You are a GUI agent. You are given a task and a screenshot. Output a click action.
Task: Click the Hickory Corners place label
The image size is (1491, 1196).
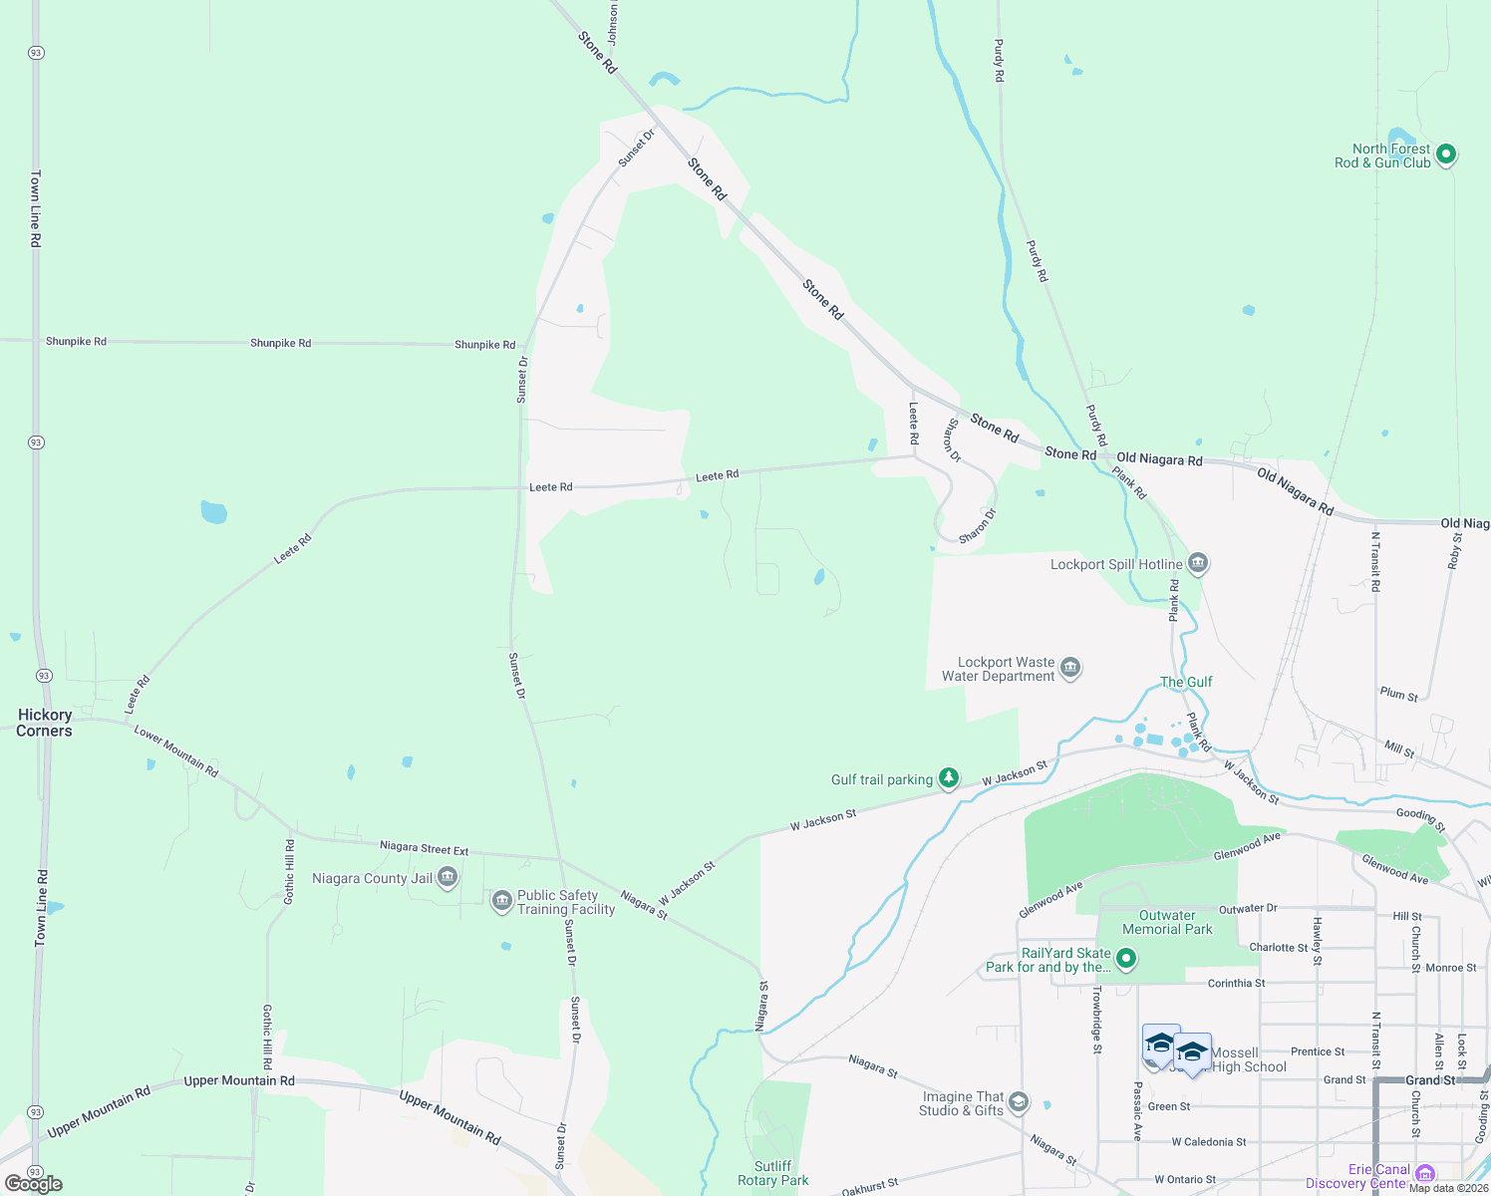point(45,723)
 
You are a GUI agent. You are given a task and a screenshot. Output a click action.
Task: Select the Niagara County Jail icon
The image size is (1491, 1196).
point(447,878)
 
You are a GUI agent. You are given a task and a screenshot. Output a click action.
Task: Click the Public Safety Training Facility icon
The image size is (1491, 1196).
point(502,902)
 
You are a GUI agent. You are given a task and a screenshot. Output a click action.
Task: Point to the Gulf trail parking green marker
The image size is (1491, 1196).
point(949,778)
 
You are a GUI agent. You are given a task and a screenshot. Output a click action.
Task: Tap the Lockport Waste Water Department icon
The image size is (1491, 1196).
point(1070,668)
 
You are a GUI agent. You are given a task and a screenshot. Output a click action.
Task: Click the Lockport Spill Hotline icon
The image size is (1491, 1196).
point(1198,564)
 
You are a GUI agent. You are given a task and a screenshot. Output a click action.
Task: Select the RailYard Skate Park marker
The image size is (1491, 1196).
point(1126,959)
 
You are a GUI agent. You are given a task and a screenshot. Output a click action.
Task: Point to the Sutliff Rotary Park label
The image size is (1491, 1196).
point(773,1173)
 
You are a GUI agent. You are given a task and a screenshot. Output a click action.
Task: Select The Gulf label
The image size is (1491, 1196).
point(1186,682)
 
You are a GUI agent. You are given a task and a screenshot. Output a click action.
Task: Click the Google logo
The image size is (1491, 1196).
point(34,1183)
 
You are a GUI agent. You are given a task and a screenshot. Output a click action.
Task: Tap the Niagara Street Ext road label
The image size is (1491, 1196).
point(424,848)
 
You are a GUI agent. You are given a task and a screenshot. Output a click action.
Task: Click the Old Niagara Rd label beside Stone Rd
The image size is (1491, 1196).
point(1159,459)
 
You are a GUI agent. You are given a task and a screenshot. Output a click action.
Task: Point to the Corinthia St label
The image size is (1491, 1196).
point(1236,983)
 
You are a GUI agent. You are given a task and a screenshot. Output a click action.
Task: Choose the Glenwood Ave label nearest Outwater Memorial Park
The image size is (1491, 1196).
point(1247,847)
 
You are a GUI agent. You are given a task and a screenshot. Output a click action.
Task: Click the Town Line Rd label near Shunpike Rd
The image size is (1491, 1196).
point(35,209)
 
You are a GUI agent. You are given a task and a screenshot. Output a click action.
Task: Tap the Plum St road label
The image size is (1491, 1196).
point(1399,694)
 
